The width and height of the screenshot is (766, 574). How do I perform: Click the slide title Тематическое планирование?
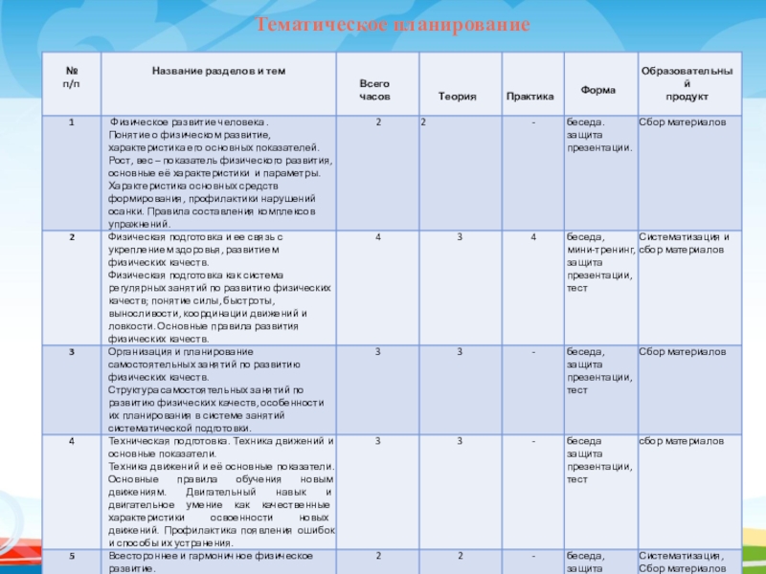tap(393, 23)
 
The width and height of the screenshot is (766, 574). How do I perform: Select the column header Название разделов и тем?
tap(219, 72)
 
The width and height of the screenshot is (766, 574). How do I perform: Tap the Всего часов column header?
tap(374, 91)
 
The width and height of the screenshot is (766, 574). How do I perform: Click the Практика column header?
tap(530, 97)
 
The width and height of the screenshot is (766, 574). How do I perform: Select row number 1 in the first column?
tap(71, 123)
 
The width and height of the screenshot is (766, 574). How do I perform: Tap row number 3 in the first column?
tap(71, 353)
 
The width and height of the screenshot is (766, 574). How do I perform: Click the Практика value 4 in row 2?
tap(533, 236)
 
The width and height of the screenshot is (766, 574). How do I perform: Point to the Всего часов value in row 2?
tap(378, 236)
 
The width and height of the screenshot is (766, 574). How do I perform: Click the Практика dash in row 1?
tap(533, 123)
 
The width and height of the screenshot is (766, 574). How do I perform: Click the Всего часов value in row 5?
tap(378, 556)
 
